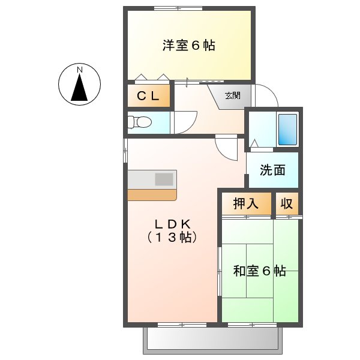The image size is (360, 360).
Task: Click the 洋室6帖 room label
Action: coord(188,46)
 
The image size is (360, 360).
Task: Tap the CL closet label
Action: coord(148,96)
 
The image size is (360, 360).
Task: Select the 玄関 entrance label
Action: coord(233,95)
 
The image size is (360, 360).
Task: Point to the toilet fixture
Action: coord(140,122)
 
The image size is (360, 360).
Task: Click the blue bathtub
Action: coord(287,129)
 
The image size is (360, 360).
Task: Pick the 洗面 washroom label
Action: coord(272,170)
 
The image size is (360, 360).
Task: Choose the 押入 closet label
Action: coord(246,203)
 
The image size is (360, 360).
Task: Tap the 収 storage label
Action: coord(287,203)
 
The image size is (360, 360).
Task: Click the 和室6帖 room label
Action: coord(259,271)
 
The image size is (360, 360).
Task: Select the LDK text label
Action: coord(172,224)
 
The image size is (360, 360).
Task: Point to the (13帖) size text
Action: coord(172,237)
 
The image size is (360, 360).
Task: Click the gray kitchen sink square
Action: coord(164,179)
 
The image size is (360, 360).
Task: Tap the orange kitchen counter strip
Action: coord(152,194)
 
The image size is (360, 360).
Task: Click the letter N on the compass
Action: coord(80,70)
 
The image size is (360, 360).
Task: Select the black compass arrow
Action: coord(80,89)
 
